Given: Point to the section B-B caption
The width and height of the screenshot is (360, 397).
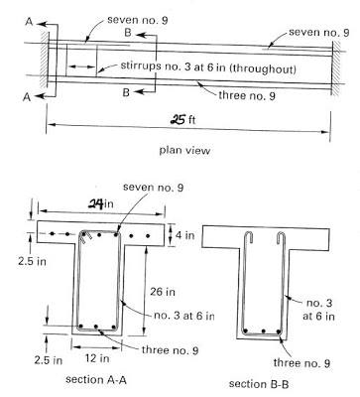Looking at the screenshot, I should tap(258, 383).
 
